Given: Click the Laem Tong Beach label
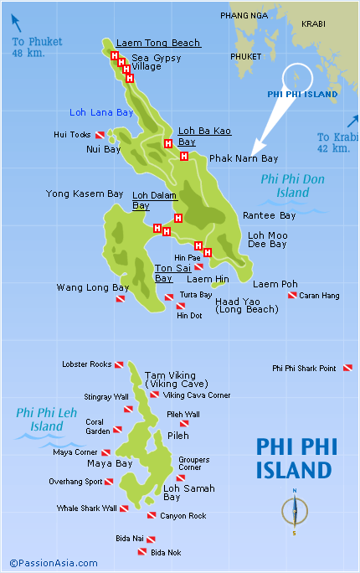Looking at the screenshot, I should point(158,43).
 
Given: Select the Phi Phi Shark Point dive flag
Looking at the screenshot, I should point(347,368).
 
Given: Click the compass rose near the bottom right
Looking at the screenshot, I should point(295,509).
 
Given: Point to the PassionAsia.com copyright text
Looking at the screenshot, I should point(53,563).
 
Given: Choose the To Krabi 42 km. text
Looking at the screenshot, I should point(333,142).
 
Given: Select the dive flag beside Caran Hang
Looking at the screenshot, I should point(292,296).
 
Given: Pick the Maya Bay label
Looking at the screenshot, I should point(110,463).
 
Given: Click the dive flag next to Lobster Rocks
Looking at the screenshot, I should point(120,365).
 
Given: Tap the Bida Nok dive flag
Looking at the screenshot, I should point(141,552).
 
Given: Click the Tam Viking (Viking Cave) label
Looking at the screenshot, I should point(170,379).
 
